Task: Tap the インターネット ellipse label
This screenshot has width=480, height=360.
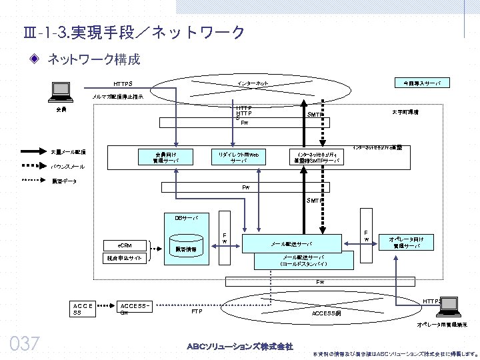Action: pos(253,83)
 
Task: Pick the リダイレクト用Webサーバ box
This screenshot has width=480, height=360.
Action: pos(238,157)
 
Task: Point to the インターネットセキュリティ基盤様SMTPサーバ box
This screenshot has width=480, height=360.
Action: pos(318,157)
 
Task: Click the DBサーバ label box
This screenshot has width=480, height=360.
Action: pos(182,217)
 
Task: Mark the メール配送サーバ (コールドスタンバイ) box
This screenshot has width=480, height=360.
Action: pos(303,261)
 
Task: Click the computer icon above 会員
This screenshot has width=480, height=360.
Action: pos(61,90)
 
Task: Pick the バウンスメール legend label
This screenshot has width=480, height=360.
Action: pos(68,166)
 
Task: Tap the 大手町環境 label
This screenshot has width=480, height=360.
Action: pos(405,113)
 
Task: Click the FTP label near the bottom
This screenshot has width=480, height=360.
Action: pos(197,311)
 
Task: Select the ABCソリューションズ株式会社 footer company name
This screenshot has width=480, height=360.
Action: pos(239,346)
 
